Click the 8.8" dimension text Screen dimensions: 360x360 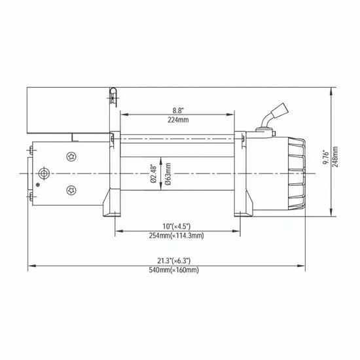(x=173, y=111)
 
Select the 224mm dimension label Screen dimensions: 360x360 (x=173, y=120)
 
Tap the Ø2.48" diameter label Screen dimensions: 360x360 (x=153, y=174)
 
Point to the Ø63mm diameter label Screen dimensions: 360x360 (x=168, y=174)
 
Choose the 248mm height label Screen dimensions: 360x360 (x=336, y=157)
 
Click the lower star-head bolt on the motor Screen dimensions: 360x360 (x=70, y=190)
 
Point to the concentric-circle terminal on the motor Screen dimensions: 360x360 (x=44, y=173)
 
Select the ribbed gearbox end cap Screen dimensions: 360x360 (x=294, y=173)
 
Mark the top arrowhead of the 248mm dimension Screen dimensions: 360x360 (x=331, y=90)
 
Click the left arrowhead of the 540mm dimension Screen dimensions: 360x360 (x=31, y=266)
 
